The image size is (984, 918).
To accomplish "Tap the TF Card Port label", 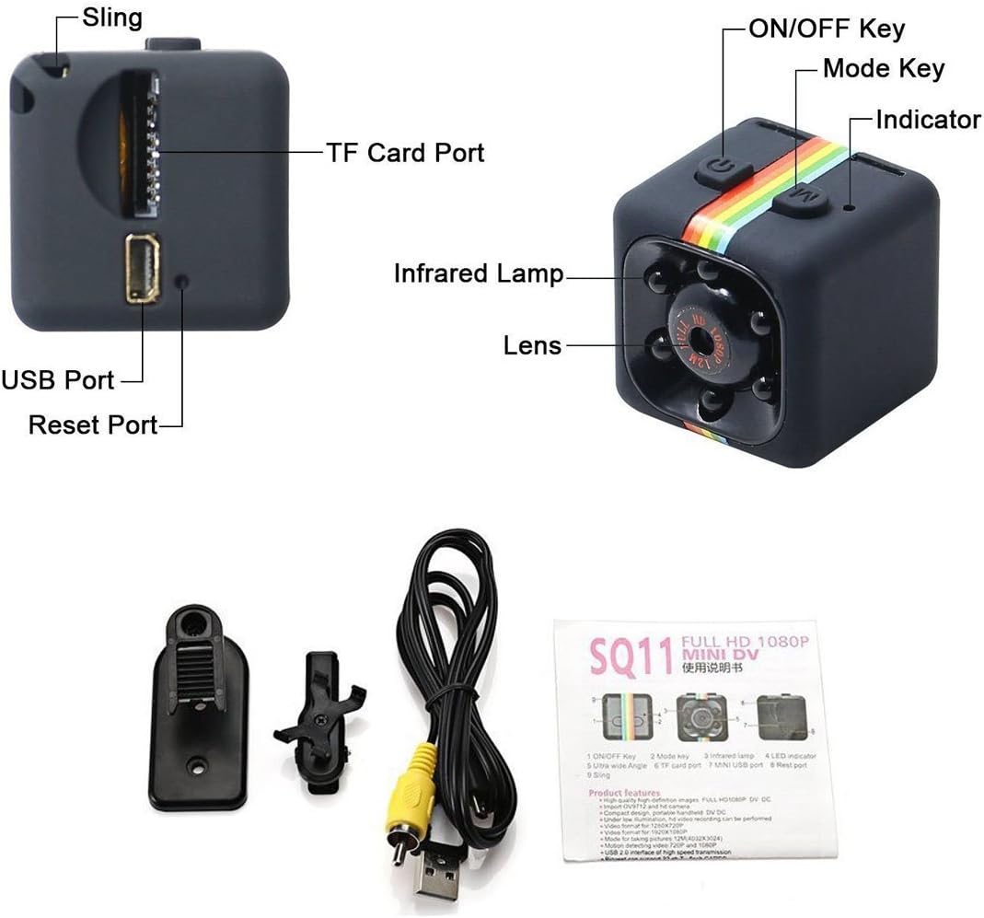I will pyautogui.click(x=405, y=152).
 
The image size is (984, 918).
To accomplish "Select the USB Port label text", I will pyautogui.click(x=57, y=379).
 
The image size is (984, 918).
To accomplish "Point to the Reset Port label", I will pyautogui.click(x=93, y=424).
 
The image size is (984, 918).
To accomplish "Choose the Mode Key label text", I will pyautogui.click(x=883, y=68).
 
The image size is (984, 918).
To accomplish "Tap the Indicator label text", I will pyautogui.click(x=928, y=120).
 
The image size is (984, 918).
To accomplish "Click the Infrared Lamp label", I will pyautogui.click(x=478, y=273).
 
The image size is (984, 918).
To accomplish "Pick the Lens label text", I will pyautogui.click(x=532, y=345).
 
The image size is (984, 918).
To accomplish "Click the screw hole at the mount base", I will pyautogui.click(x=196, y=763).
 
